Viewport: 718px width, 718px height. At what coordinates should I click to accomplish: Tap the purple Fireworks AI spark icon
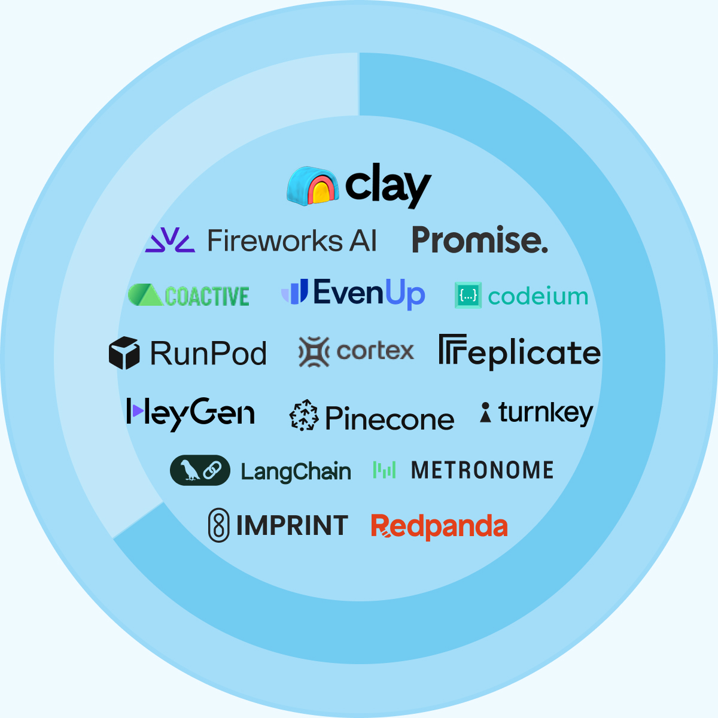click(170, 240)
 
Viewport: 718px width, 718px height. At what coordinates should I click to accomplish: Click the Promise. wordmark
click(479, 240)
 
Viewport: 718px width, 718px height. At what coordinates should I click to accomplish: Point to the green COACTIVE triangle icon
click(145, 295)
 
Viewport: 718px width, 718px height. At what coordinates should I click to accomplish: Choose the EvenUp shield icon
click(295, 292)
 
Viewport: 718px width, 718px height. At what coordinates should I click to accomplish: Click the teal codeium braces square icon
click(468, 296)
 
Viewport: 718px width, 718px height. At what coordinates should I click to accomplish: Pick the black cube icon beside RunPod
click(124, 353)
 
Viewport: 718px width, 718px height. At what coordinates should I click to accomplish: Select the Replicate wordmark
click(519, 352)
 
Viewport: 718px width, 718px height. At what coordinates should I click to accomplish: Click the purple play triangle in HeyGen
click(137, 411)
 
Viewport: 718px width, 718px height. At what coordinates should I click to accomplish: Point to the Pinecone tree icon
click(305, 415)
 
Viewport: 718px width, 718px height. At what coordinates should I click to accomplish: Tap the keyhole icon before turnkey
click(486, 412)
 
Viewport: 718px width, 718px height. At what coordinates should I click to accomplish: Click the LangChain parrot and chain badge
click(200, 470)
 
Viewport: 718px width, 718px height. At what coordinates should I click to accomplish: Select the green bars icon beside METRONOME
click(385, 470)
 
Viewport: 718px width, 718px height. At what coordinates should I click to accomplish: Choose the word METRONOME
click(482, 470)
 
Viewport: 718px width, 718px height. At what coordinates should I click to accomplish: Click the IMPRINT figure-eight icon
click(218, 525)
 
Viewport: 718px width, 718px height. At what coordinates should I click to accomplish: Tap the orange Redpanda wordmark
click(439, 527)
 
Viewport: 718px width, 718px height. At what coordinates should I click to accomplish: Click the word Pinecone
click(390, 418)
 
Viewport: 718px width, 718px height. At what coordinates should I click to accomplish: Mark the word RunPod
click(208, 353)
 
